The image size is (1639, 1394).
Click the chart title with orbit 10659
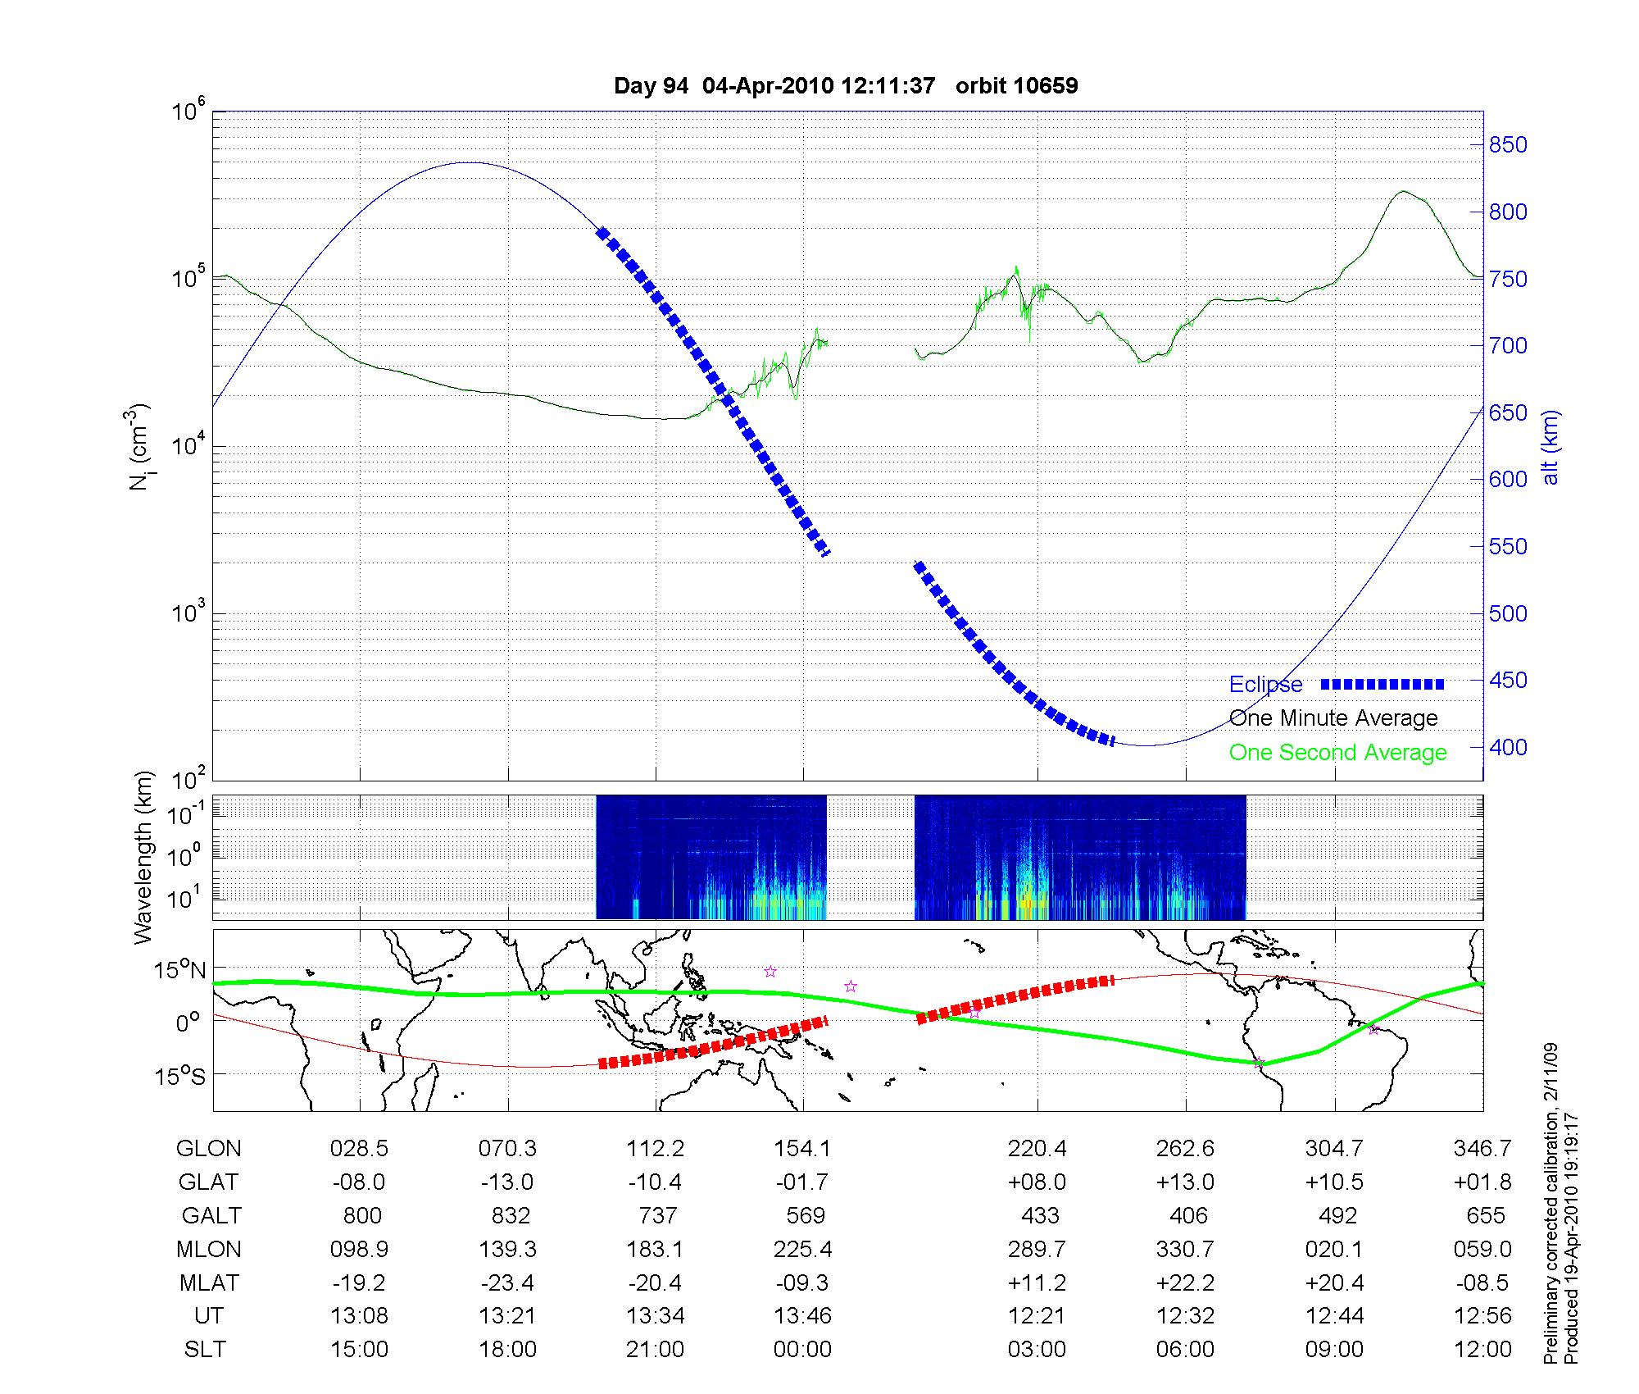coord(846,86)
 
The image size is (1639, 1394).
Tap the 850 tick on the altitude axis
coord(1508,145)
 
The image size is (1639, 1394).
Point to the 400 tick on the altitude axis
coord(1508,747)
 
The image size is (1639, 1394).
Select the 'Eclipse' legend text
coord(1265,685)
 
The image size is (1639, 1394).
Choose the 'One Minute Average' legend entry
coord(1333,718)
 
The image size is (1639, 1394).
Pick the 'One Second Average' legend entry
coord(1337,753)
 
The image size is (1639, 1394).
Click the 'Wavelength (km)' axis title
coord(143,857)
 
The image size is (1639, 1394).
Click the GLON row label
coord(208,1149)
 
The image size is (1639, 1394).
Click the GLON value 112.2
coord(655,1149)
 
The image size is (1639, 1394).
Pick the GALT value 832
coord(510,1215)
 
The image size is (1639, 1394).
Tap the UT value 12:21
coord(1037,1316)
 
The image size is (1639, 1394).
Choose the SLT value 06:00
coord(1185,1350)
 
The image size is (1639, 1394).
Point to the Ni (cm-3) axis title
coord(139,447)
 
